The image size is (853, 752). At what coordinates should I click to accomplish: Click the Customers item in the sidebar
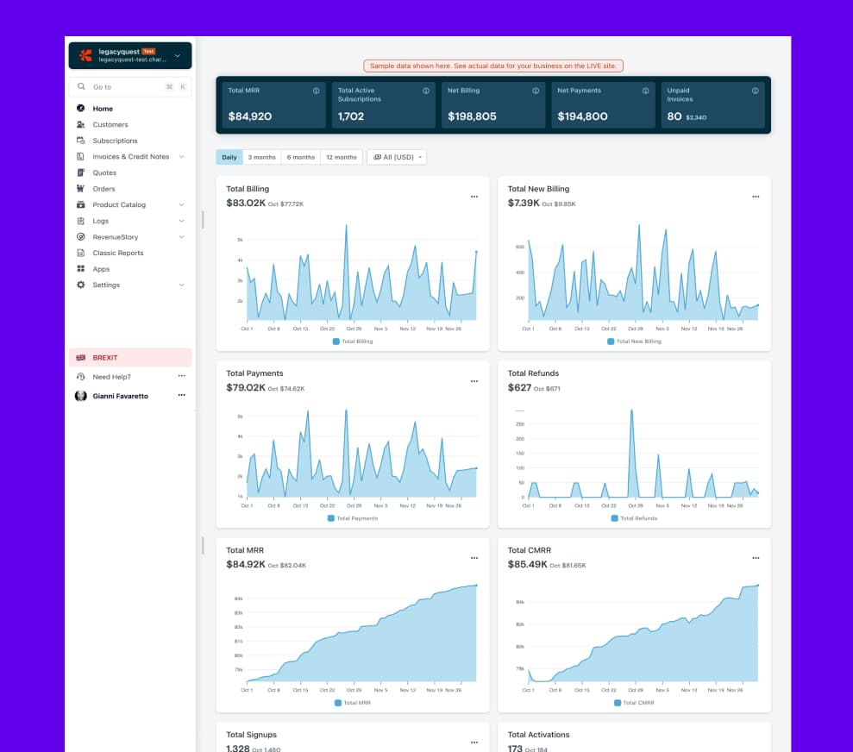110,125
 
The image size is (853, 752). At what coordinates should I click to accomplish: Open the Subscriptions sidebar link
115,141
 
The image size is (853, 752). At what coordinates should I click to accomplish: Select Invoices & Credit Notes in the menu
130,157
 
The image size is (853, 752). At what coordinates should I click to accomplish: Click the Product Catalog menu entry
119,205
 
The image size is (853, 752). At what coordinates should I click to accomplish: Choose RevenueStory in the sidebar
115,237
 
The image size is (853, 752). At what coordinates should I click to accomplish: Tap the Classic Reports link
118,253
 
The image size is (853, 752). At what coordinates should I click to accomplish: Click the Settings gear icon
81,285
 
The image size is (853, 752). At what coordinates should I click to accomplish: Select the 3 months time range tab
262,157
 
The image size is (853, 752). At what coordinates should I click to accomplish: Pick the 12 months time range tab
341,157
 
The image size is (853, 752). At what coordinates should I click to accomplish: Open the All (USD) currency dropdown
397,157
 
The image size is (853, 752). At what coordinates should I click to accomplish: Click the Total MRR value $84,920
250,116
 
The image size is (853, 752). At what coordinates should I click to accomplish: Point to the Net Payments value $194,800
582,116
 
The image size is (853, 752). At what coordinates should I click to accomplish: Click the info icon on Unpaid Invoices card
756,91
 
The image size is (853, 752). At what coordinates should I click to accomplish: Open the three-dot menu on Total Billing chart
474,197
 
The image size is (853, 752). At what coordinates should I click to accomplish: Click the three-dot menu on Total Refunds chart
756,381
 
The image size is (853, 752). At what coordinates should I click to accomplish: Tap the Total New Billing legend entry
634,342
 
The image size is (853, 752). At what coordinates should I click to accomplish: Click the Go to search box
129,87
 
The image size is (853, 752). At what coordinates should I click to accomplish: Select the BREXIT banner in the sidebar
130,358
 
